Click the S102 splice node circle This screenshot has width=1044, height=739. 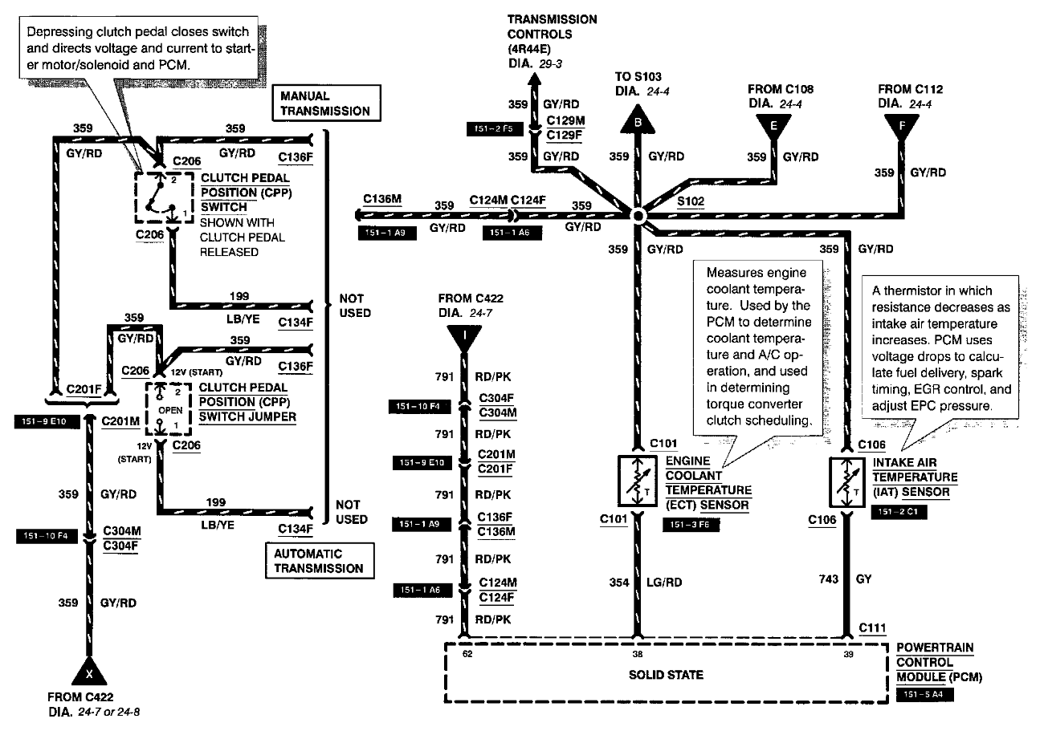[637, 216]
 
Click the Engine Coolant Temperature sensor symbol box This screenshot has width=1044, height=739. [637, 481]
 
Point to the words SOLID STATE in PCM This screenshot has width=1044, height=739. [666, 675]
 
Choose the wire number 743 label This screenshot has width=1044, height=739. [822, 579]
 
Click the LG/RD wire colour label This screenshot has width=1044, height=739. [667, 582]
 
